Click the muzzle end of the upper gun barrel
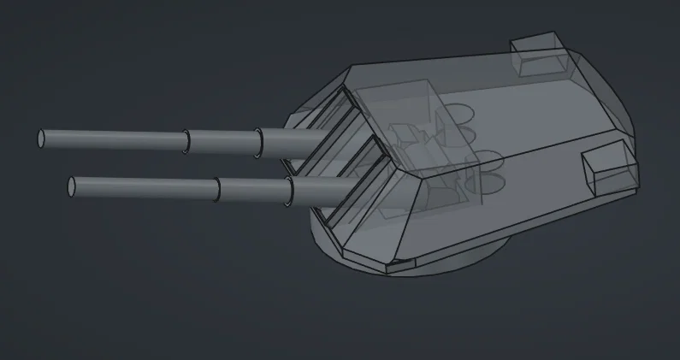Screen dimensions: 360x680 coord(42,137)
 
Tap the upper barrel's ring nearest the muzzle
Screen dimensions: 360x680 coord(186,141)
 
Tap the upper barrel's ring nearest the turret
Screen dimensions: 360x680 coord(258,143)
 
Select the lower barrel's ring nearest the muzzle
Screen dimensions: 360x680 coord(217,189)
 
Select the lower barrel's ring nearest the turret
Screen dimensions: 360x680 coord(289,190)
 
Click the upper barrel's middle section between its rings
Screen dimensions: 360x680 coord(222,141)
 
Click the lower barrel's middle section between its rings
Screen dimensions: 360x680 coord(253,189)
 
